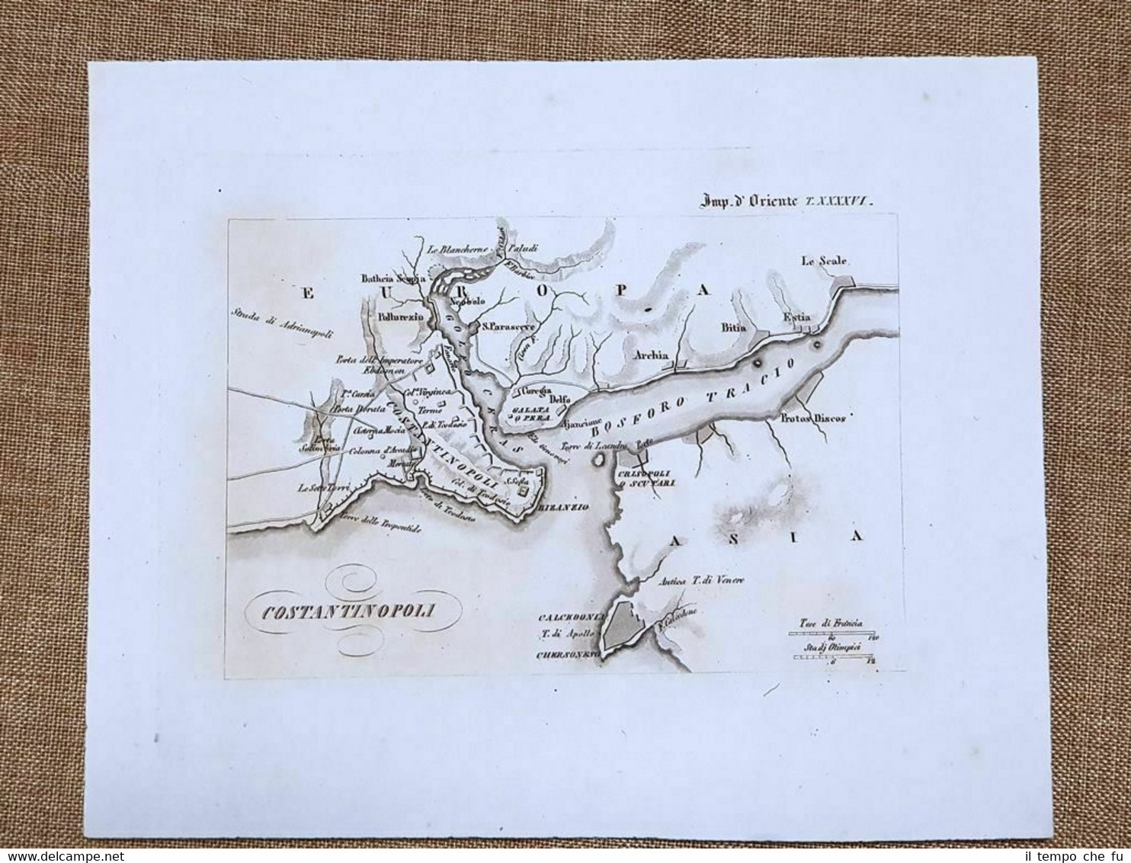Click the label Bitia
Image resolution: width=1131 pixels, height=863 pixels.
point(730,327)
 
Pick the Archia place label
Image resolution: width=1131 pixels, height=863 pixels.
point(650,355)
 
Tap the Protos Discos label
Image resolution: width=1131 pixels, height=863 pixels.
point(813,419)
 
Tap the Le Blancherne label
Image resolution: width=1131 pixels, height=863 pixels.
point(458,247)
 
